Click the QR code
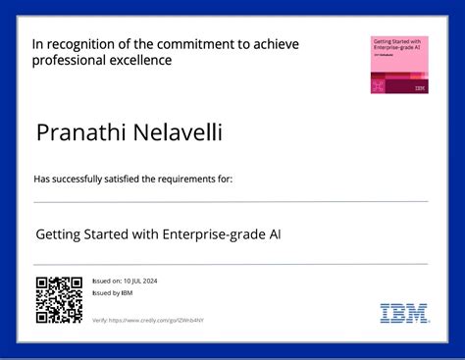(x=58, y=300)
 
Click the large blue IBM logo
(x=403, y=314)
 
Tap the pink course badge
(x=398, y=66)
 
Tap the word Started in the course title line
(x=114, y=235)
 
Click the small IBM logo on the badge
(x=420, y=88)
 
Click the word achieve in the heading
(x=276, y=44)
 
